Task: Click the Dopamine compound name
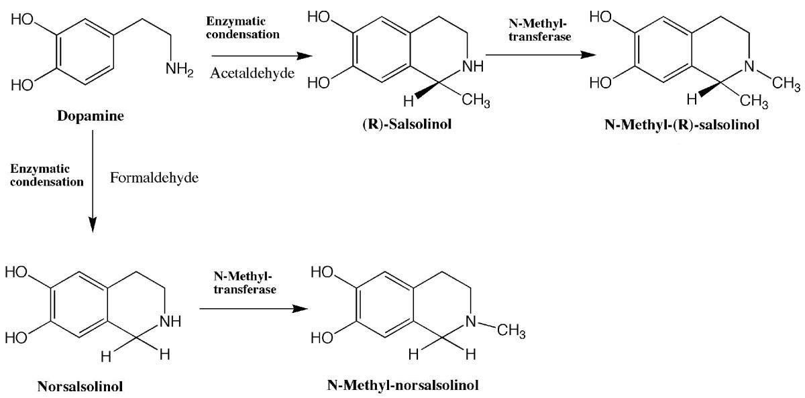pyautogui.click(x=91, y=116)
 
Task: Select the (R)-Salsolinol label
pyautogui.click(x=407, y=124)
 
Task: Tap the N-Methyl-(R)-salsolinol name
pyautogui.click(x=682, y=125)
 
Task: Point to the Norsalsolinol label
pyautogui.click(x=80, y=387)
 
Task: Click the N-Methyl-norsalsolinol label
pyautogui.click(x=403, y=385)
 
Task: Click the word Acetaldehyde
pyautogui.click(x=252, y=73)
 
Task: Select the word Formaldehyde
pyautogui.click(x=154, y=178)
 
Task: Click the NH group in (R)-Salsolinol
pyautogui.click(x=472, y=66)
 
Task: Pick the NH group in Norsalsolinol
pyautogui.click(x=170, y=321)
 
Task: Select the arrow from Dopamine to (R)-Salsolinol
pyautogui.click(x=262, y=56)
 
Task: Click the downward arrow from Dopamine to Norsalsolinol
pyautogui.click(x=93, y=181)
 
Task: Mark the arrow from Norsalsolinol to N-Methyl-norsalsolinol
pyautogui.click(x=254, y=309)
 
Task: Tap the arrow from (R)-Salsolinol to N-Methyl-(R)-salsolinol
pyautogui.click(x=541, y=55)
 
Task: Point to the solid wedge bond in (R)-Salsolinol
pyautogui.click(x=427, y=90)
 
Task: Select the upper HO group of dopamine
pyautogui.click(x=22, y=19)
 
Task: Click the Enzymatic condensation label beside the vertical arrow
pyautogui.click(x=47, y=175)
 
